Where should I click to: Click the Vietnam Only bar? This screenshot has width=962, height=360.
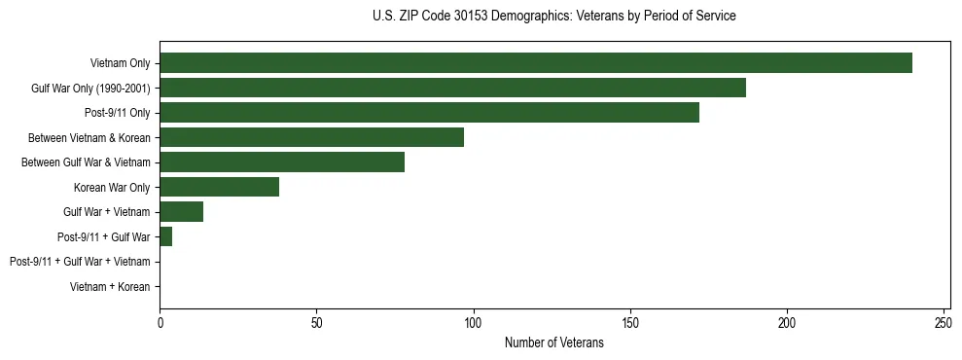[x=535, y=63]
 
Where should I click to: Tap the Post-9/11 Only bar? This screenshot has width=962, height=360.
[x=429, y=113]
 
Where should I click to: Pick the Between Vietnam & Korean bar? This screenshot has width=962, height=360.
[x=311, y=137]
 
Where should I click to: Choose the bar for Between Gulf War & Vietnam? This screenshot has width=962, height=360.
[x=282, y=162]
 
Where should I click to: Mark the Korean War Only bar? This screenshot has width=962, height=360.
[x=219, y=187]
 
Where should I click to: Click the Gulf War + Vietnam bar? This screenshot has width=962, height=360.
[x=182, y=212]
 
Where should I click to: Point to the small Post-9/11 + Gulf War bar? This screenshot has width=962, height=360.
[x=166, y=236]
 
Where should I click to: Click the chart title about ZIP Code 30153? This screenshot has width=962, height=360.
[x=554, y=17]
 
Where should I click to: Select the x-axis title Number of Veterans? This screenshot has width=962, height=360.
[x=554, y=343]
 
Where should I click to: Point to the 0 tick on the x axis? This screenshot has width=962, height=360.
[x=160, y=321]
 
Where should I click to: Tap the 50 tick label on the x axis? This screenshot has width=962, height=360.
[x=316, y=321]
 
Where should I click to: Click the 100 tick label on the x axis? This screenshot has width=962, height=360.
[x=473, y=321]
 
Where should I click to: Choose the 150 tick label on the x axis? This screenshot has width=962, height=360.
[x=630, y=321]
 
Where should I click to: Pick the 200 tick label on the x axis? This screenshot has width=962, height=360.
[x=787, y=321]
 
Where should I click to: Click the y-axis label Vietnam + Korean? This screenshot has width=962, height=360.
[x=110, y=287]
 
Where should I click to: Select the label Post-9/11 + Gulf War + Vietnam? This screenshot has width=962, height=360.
[x=80, y=262]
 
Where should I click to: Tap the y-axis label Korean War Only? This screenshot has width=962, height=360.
[x=112, y=187]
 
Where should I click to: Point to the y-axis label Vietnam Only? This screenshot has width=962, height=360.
[x=120, y=63]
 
